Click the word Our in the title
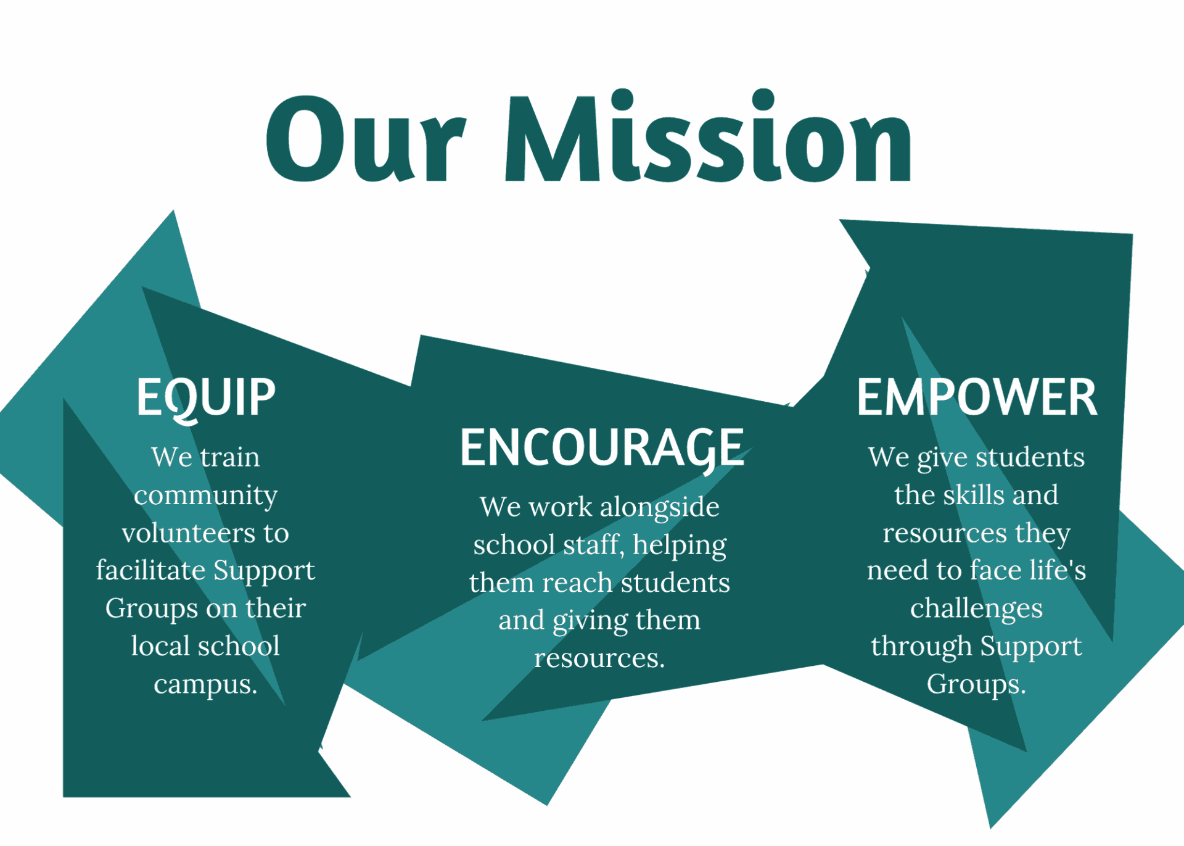tap(366, 139)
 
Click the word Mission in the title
tap(709, 136)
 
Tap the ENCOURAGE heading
tap(602, 449)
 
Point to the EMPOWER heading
tap(977, 397)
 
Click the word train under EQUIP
tap(230, 457)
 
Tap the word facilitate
tap(150, 570)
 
